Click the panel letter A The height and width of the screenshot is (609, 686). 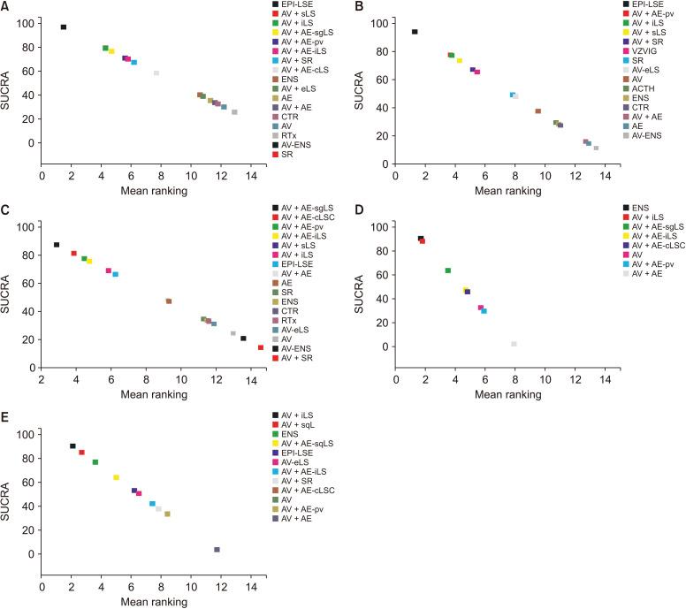(x=6, y=6)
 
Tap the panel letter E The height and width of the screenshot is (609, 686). (x=6, y=415)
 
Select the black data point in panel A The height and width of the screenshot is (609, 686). (x=64, y=27)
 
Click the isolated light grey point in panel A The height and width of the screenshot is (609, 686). (x=156, y=72)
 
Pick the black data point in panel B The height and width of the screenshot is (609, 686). (x=415, y=32)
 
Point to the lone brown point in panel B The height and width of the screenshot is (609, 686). (x=537, y=111)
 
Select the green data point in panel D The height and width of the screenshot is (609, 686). (x=448, y=270)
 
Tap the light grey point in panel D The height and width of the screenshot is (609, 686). (x=514, y=344)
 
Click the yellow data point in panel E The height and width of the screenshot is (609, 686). (x=116, y=477)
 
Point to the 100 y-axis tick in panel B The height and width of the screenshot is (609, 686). (x=381, y=23)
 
